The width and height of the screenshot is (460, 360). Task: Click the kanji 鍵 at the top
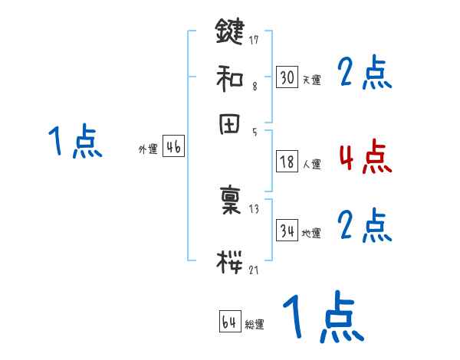point(230,32)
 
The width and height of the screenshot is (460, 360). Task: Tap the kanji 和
point(230,78)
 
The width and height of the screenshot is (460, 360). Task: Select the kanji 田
point(230,125)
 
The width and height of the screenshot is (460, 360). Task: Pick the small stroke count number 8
point(254,87)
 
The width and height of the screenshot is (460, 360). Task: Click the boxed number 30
point(287,77)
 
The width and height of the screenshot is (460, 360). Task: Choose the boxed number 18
point(287,162)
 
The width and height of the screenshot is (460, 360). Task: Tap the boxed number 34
point(287,231)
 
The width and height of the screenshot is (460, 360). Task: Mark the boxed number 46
point(173,148)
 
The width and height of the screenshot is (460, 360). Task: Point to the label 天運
point(311,80)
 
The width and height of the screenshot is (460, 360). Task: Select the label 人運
point(311,164)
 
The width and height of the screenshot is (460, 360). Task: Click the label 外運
point(148,150)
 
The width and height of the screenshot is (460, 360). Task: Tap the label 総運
point(254,325)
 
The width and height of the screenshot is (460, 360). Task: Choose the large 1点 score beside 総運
point(322,318)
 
